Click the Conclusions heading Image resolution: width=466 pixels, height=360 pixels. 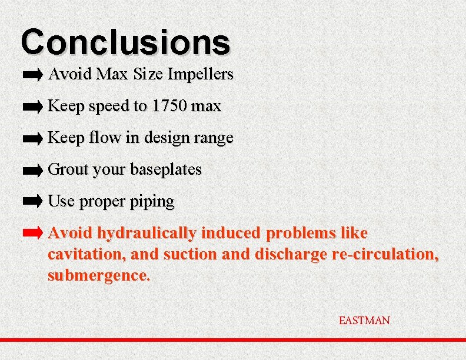click(x=125, y=42)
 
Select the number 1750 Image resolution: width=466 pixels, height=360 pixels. click(x=169, y=106)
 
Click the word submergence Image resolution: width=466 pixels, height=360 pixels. click(x=98, y=275)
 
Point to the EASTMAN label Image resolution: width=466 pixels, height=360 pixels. click(x=364, y=321)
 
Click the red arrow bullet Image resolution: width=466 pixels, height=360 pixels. click(x=33, y=233)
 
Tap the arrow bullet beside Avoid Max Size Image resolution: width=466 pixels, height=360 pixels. click(x=33, y=75)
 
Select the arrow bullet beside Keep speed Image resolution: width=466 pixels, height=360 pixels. click(x=33, y=106)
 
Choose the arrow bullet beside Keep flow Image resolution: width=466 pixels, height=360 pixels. click(x=33, y=138)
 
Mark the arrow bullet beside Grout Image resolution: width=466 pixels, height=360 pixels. click(x=33, y=170)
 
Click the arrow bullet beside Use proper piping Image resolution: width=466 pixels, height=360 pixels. click(x=33, y=201)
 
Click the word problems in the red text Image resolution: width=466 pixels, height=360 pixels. click(x=301, y=234)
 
